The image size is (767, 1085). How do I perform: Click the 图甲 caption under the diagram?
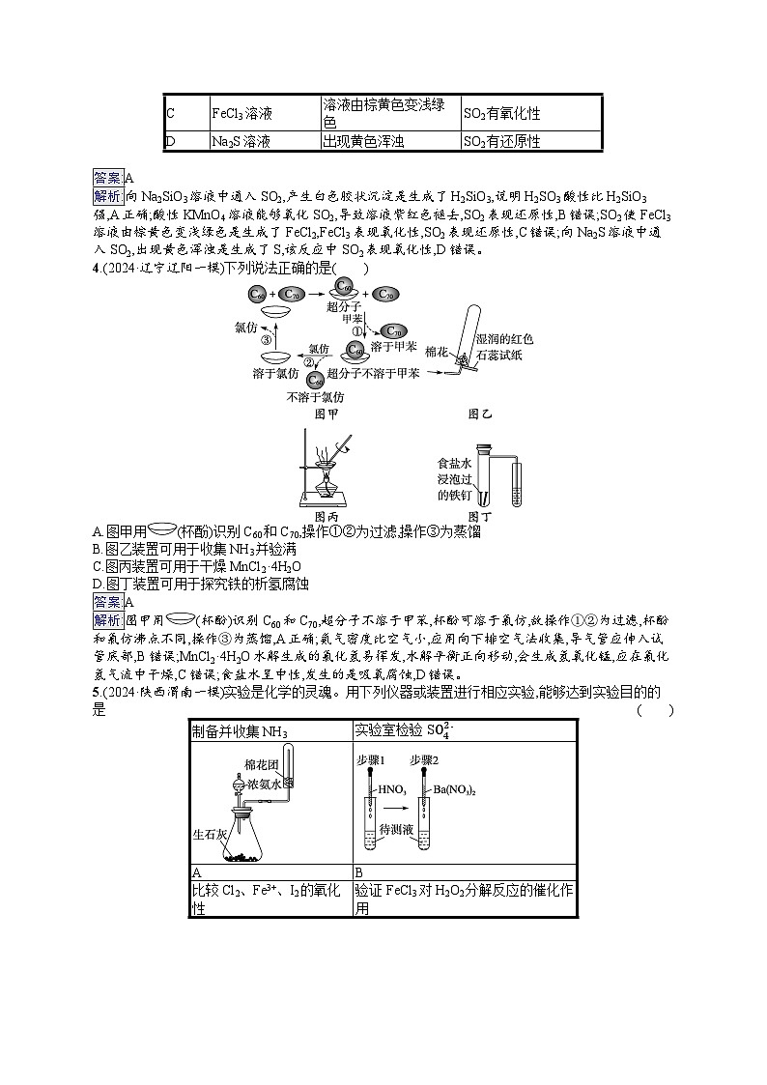(x=326, y=414)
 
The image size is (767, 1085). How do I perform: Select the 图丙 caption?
(x=330, y=517)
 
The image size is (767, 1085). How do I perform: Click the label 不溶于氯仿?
(x=315, y=396)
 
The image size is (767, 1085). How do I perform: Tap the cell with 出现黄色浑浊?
(x=362, y=142)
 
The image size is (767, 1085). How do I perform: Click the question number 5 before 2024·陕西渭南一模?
(x=96, y=693)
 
